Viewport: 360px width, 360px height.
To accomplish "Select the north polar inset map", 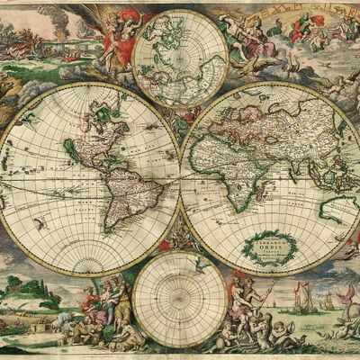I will click(180, 58).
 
